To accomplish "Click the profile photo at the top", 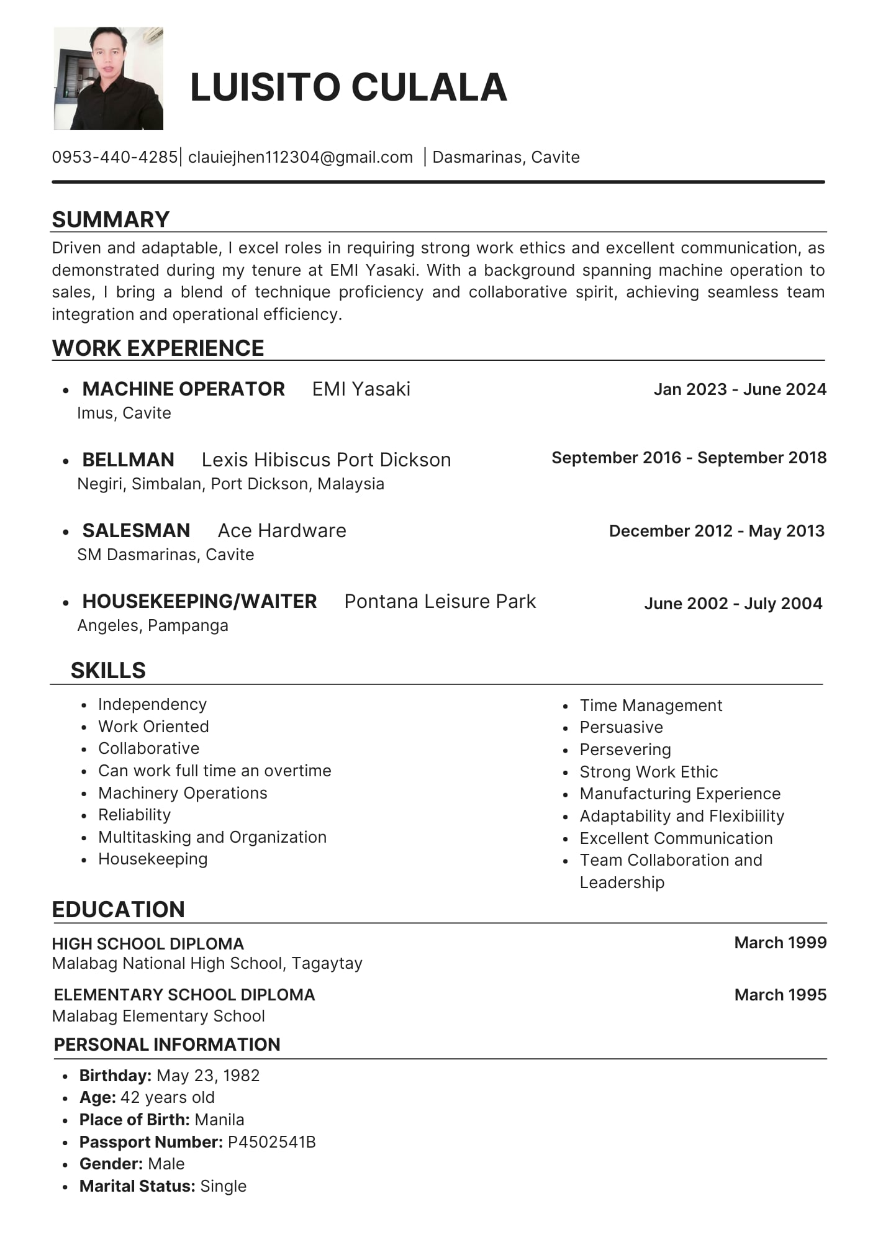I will click(109, 78).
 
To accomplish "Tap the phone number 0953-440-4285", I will click(115, 157).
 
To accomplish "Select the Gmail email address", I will click(301, 157).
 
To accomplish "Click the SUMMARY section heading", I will click(111, 220).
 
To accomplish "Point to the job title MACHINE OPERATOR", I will click(184, 389).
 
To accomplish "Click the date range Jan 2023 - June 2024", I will click(740, 389).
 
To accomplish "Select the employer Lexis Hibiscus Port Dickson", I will click(326, 460).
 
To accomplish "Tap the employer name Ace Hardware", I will click(282, 530).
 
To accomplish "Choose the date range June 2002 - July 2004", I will click(733, 603).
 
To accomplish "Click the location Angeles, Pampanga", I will click(153, 625).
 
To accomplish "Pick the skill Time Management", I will click(651, 705).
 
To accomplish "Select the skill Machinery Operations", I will click(183, 793).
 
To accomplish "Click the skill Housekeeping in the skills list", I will click(153, 859).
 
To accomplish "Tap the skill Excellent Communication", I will click(676, 838).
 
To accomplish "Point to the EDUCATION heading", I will click(119, 909).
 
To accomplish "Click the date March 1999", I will click(780, 943).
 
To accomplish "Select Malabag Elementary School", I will click(158, 1016).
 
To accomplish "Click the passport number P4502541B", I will click(272, 1142).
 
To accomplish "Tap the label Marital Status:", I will click(137, 1186).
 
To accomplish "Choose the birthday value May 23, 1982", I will click(208, 1076).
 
